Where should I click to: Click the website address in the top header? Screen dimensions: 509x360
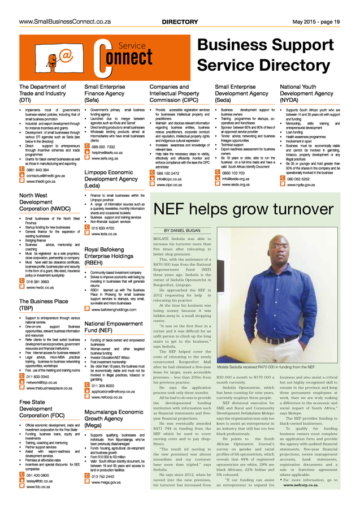[65, 21]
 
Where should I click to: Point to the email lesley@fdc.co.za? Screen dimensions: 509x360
[45, 481]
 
